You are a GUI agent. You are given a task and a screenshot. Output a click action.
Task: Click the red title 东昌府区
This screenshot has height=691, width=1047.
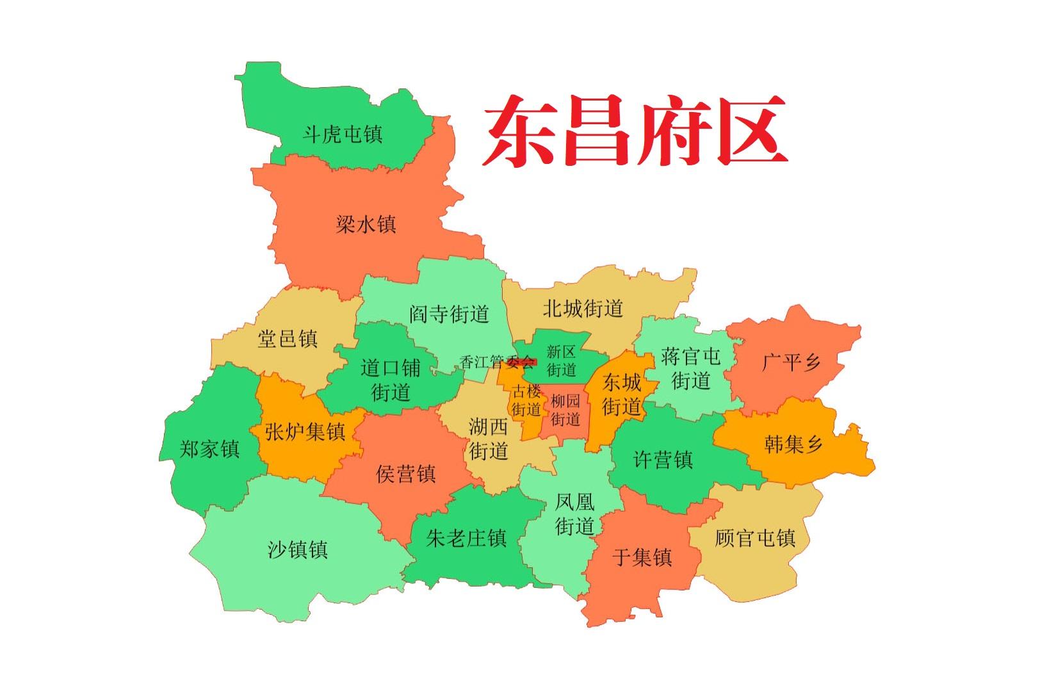coord(634,131)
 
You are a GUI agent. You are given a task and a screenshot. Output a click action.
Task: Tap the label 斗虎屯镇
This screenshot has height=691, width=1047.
coord(343,134)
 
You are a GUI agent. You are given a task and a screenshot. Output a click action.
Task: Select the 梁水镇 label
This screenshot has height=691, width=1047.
coord(366,224)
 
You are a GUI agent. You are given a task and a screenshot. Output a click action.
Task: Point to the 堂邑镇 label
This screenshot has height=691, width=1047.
coord(288,338)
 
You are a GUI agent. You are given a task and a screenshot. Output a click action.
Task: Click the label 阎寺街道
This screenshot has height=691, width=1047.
coord(450,314)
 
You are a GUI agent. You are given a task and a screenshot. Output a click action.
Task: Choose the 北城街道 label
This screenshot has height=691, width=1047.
coord(583,309)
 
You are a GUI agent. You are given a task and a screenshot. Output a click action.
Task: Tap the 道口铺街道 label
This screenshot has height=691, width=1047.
coord(391,380)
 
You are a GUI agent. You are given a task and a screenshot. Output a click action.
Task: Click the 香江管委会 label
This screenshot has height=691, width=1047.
coord(497,362)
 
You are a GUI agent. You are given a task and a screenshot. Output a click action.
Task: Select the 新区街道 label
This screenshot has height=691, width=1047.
coord(562,361)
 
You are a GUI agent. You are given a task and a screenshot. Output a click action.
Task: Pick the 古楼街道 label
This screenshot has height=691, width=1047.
coord(526,400)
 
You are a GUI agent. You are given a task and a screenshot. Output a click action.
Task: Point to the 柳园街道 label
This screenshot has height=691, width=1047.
coord(565,410)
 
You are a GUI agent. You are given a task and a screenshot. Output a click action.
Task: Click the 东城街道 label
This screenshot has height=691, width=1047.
coord(622,394)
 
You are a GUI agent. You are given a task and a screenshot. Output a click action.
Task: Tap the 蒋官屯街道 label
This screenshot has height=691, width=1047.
coord(691,368)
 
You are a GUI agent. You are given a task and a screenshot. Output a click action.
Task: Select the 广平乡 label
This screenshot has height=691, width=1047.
coord(791,362)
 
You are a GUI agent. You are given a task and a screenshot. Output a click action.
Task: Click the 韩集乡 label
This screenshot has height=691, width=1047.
coord(793,443)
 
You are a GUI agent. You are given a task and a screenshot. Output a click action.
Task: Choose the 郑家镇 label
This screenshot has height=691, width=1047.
coord(209,449)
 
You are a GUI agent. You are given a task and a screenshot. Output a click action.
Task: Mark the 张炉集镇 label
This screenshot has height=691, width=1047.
coord(305,431)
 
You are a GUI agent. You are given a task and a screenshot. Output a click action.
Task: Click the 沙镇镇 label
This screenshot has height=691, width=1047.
coord(298,549)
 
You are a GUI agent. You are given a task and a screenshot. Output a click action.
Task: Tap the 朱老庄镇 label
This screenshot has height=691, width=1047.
coord(467,537)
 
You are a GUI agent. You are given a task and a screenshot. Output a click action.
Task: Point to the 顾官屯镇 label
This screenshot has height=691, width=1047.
coord(755,537)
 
